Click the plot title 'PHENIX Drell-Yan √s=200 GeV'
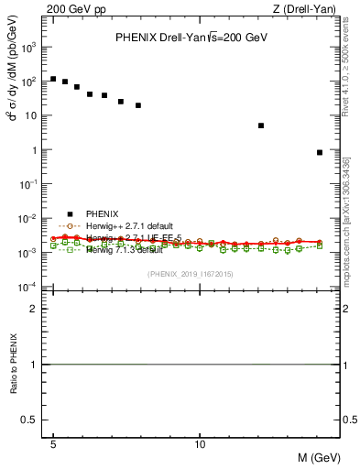(x=191, y=38)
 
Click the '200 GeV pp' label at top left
(x=70, y=8)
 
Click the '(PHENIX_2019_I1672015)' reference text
(x=190, y=274)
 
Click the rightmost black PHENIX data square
(x=319, y=152)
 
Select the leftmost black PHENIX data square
(x=53, y=79)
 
